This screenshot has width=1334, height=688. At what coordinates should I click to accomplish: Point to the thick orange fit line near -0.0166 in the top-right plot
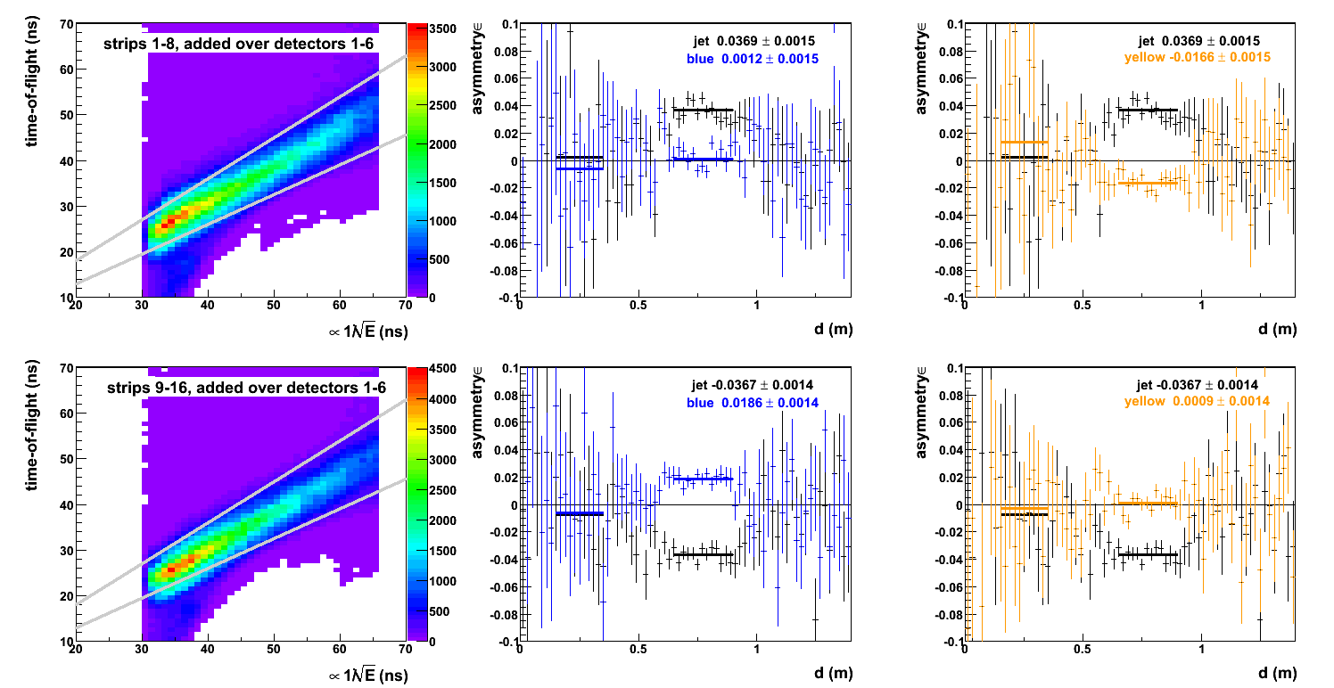(x=1148, y=183)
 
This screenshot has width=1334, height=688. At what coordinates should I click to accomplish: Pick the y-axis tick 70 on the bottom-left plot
(x=65, y=367)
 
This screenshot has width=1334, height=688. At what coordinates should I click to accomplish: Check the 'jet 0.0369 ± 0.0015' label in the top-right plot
(x=1199, y=41)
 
